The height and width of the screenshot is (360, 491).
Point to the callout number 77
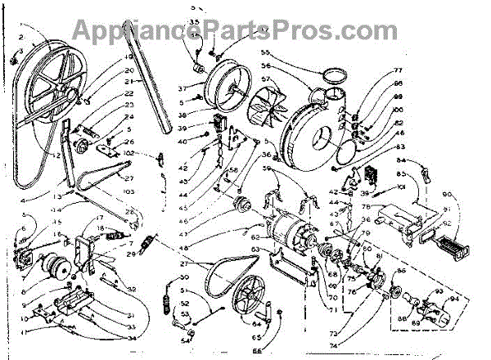374,71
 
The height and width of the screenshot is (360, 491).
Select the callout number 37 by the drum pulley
186,88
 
